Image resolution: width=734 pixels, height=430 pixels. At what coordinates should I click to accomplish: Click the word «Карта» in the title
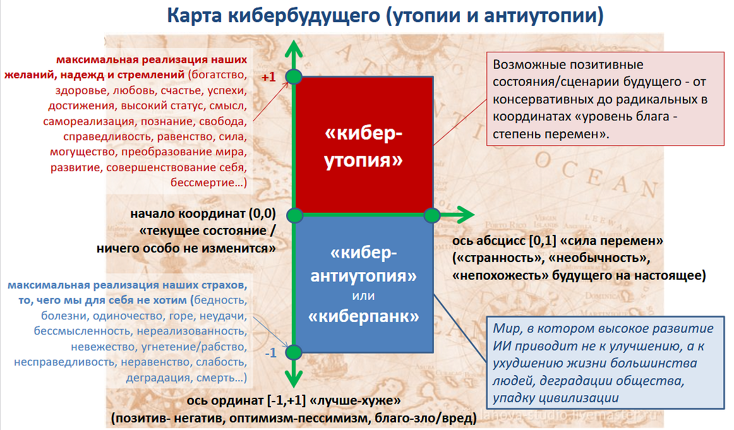point(195,15)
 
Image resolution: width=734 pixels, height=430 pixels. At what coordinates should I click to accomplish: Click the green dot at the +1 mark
point(294,76)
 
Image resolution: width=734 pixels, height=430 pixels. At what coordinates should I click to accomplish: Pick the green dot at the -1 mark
point(294,352)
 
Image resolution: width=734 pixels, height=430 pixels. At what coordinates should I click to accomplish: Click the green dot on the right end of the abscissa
point(432,215)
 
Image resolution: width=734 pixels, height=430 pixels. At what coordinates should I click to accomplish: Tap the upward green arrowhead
point(294,49)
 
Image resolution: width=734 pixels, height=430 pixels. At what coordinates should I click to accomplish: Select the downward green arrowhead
point(294,378)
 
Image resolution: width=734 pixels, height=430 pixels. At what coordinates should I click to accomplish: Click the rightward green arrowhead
point(464,215)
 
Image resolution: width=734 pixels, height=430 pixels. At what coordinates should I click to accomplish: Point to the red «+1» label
point(268,77)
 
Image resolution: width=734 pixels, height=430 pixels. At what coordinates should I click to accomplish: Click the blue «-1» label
point(271,353)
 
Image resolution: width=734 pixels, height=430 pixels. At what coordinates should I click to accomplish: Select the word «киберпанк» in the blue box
point(364,317)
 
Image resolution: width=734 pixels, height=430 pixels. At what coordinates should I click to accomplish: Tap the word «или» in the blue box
point(363,296)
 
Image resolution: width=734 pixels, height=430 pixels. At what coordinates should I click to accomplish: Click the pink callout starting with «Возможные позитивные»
point(605,99)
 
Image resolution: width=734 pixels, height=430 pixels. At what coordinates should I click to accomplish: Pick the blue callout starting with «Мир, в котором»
point(606,363)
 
